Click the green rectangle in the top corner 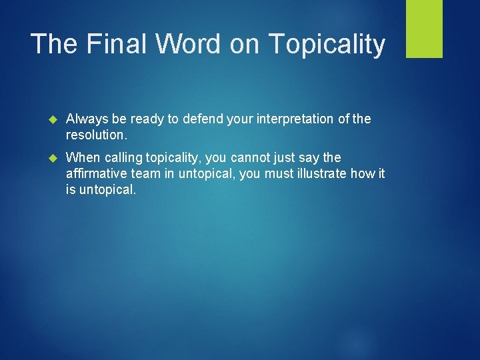tap(424, 28)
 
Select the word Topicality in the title tap(327, 44)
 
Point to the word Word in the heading tap(189, 44)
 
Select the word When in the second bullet tap(82, 157)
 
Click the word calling tap(120, 157)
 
